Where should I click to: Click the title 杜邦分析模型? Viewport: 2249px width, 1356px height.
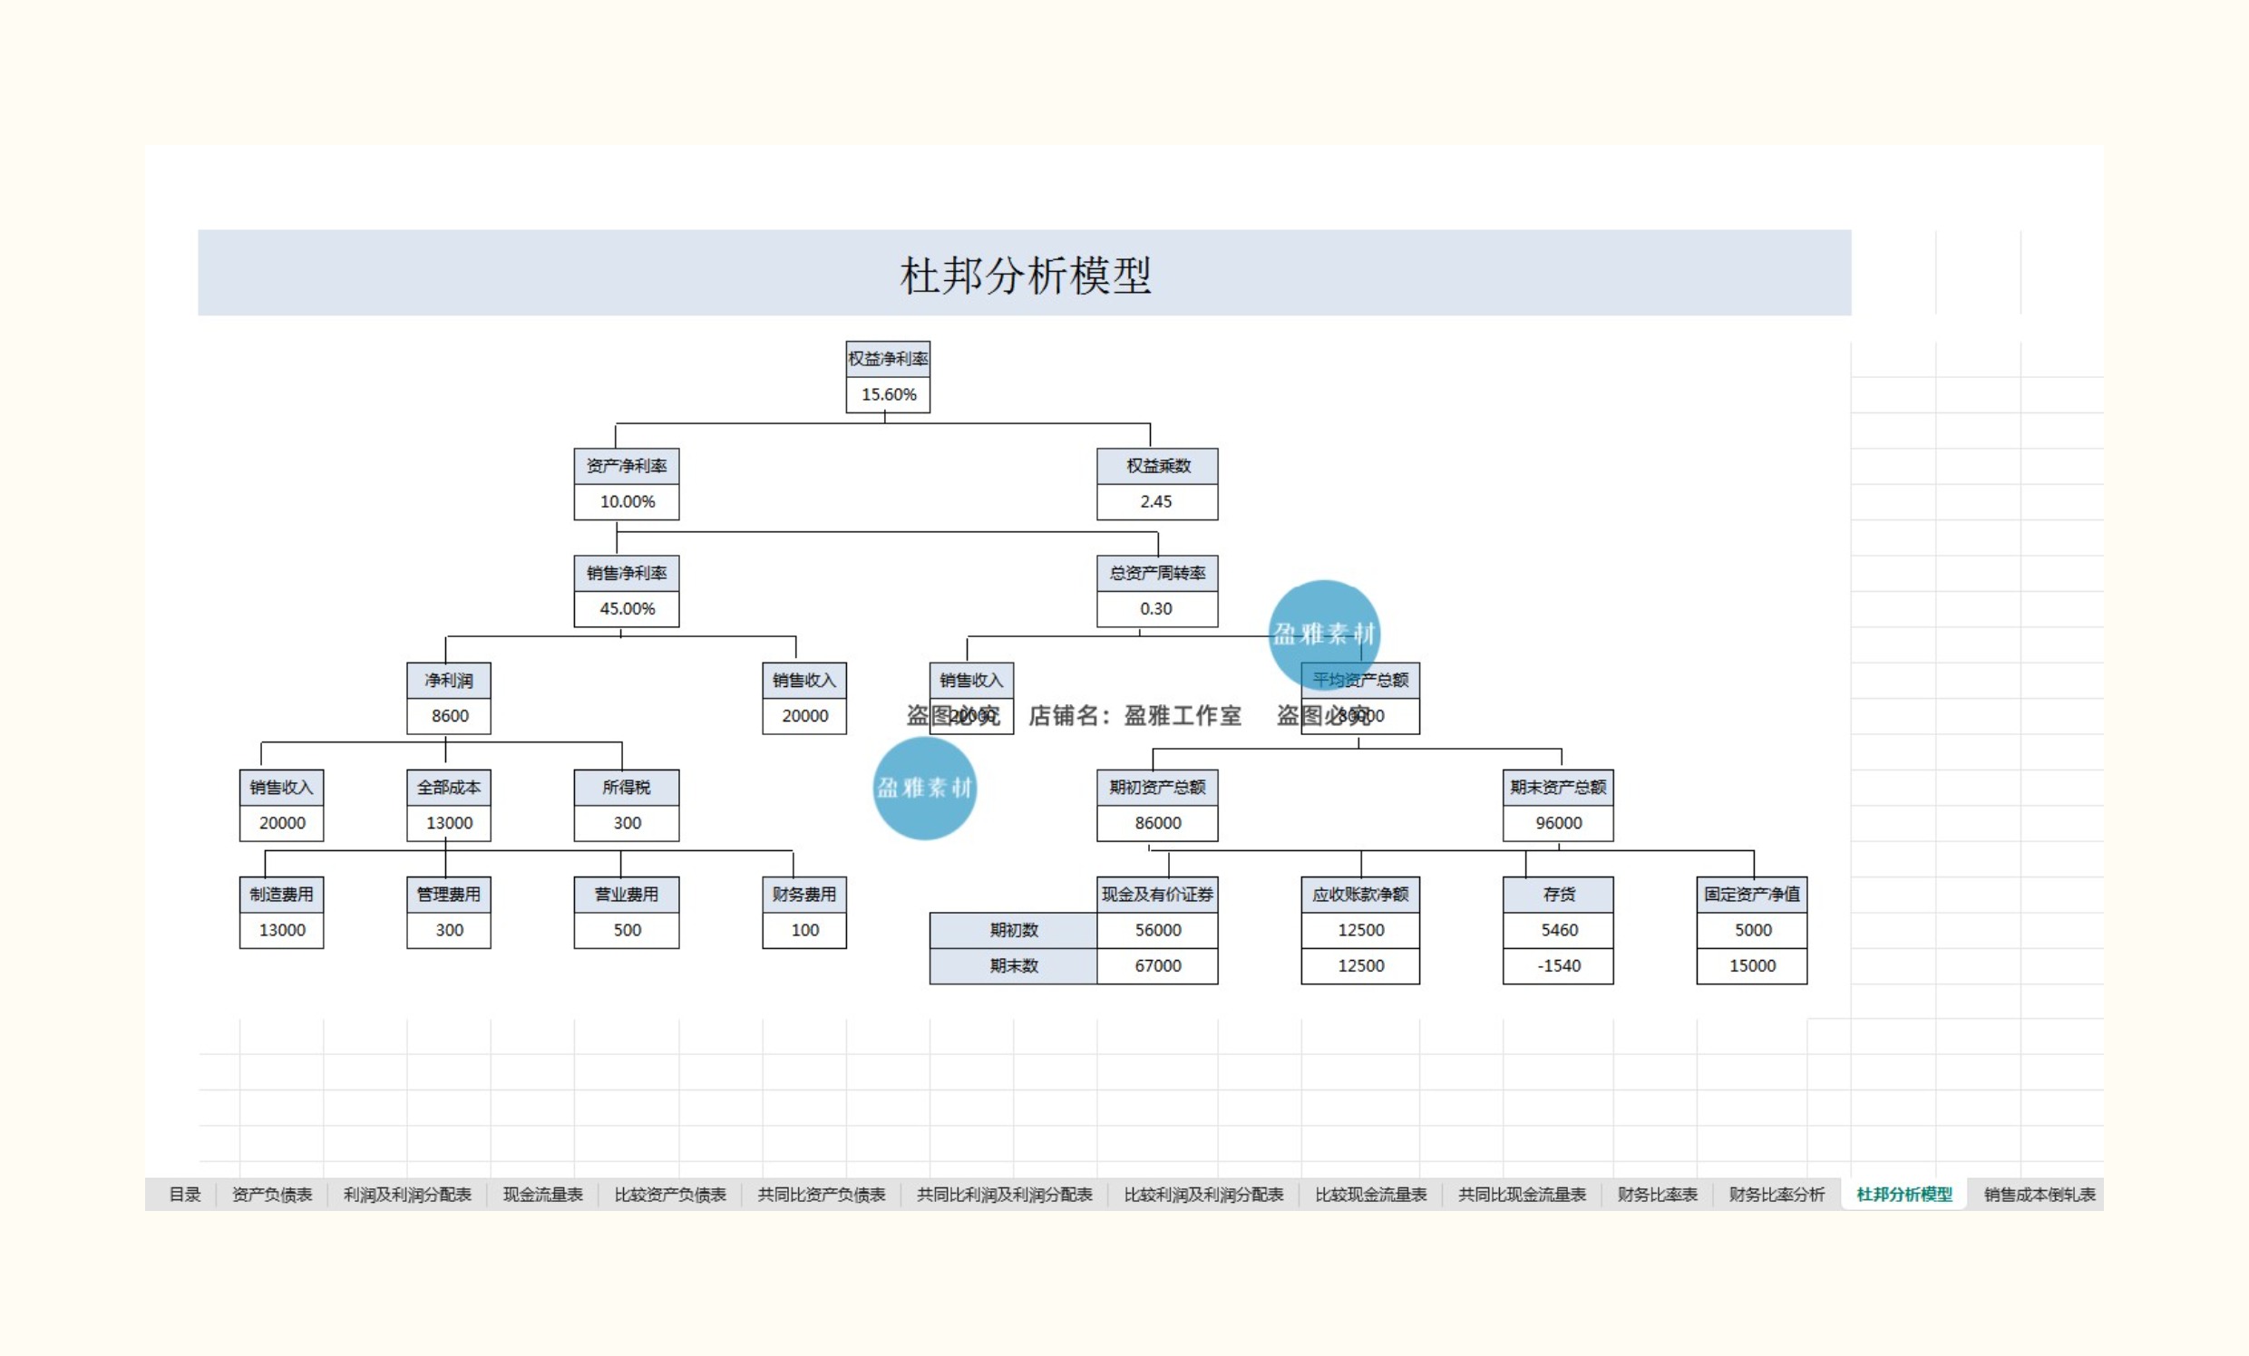(1024, 275)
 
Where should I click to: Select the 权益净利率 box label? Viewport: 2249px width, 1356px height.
(887, 359)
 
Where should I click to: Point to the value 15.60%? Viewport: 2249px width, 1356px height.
(888, 394)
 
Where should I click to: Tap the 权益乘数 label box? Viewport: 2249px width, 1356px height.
(1157, 465)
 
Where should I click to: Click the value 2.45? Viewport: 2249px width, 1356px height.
(1155, 501)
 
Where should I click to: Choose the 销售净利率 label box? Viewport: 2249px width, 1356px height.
(626, 573)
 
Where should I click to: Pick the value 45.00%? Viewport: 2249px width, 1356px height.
(626, 608)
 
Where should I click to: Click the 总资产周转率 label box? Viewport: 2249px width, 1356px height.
(1156, 573)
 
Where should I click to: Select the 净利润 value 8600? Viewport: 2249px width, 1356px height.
(449, 715)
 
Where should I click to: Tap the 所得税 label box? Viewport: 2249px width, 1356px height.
(626, 787)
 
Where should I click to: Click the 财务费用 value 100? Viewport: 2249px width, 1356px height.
(804, 930)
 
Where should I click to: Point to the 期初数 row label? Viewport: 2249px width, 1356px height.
(1013, 930)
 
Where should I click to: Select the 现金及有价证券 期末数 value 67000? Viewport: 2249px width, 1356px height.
(1157, 965)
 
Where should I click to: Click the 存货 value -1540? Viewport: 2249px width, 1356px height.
(1558, 965)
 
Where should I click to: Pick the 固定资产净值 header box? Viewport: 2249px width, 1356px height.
(1751, 895)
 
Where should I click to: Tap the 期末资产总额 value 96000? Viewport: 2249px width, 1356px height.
(1558, 822)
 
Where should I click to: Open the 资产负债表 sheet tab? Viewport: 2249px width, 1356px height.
(272, 1195)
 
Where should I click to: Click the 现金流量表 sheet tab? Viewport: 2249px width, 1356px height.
(542, 1195)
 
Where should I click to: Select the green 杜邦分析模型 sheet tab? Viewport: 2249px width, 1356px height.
(1904, 1195)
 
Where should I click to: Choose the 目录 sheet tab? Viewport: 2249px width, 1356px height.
(184, 1195)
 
